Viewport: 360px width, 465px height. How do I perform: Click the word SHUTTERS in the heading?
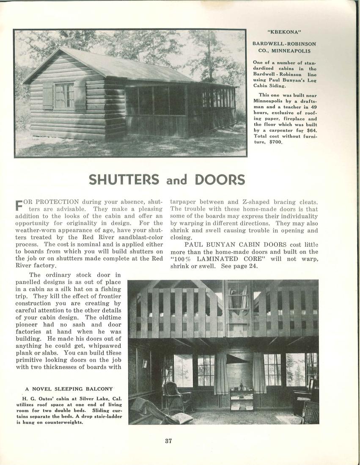[124, 179]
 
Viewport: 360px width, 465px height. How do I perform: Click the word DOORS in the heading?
[220, 179]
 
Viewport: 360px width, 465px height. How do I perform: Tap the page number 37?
[168, 441]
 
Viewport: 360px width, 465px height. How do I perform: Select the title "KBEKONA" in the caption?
[284, 32]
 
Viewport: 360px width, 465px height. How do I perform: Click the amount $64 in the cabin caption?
[311, 130]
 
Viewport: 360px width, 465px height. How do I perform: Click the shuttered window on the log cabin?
[64, 95]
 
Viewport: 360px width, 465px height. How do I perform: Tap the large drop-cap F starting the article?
[19, 205]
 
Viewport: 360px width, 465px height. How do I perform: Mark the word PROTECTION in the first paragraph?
[58, 202]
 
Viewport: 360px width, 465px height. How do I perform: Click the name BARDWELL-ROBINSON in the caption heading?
[284, 44]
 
